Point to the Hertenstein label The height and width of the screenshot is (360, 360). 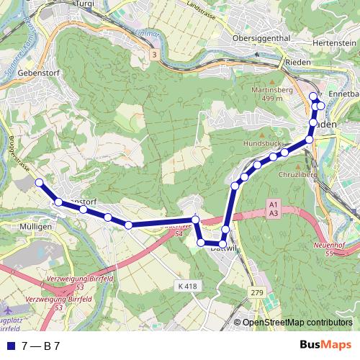coord(335,43)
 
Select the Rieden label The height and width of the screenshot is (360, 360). coord(277,61)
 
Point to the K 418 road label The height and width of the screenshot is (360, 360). coord(186,286)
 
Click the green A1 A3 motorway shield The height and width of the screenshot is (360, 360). coord(273,209)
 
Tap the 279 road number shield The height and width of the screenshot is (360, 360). coord(257,292)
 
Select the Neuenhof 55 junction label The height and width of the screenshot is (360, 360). coord(330,249)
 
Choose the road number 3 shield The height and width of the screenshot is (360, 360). coord(153,54)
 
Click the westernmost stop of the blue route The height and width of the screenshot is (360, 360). coord(38,183)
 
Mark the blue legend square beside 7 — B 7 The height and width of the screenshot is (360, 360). coord(9,346)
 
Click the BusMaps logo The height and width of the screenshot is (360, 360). coord(325,345)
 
